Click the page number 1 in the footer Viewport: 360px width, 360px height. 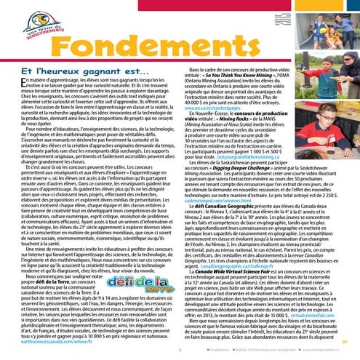pyautogui.click(x=179, y=350)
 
